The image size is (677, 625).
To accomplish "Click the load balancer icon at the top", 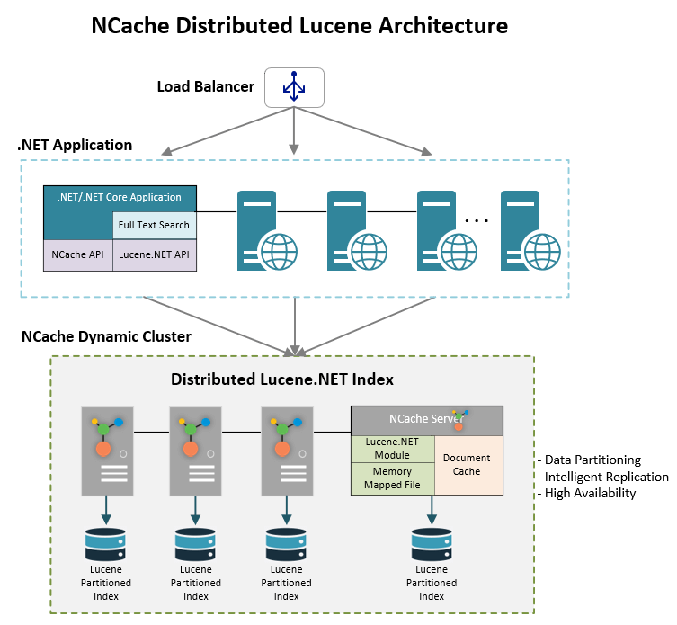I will (293, 88).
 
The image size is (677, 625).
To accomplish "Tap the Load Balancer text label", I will (205, 87).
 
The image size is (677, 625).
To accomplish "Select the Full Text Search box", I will (155, 225).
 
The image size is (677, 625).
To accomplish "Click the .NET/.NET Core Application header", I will (120, 197).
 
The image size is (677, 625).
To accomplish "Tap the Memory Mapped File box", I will (393, 478).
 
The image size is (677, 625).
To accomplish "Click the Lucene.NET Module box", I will (393, 449).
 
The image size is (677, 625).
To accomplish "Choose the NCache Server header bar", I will (426, 419).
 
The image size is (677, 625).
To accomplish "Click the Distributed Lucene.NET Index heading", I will (282, 379).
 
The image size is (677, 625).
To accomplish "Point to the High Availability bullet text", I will (585, 493).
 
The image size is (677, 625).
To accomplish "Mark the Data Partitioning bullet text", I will (588, 460).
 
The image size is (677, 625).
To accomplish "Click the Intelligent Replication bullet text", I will (601, 477).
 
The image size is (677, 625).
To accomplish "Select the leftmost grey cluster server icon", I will (107, 451).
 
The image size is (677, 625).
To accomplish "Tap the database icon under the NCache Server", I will (432, 545).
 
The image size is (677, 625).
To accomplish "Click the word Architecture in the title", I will (441, 25).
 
